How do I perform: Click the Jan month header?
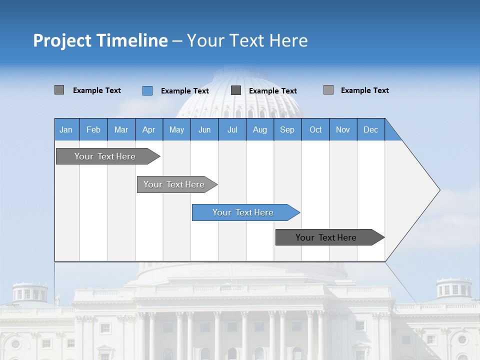[x=66, y=129]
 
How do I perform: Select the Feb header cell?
[x=93, y=129]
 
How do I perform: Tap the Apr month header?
[x=148, y=129]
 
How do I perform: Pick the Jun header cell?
[x=204, y=129]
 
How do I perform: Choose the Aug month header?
[x=259, y=129]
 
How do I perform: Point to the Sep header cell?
[x=287, y=129]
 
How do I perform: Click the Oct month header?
[x=315, y=129]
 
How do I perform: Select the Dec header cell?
[x=370, y=129]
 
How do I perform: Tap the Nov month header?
[x=343, y=129]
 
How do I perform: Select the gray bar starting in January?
[x=105, y=156]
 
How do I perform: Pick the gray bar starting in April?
[x=174, y=184]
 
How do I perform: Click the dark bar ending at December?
[x=326, y=237]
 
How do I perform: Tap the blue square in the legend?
[x=147, y=90]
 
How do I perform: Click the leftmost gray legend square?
[x=59, y=90]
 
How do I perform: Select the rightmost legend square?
[x=328, y=90]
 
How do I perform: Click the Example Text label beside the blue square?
[x=184, y=91]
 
